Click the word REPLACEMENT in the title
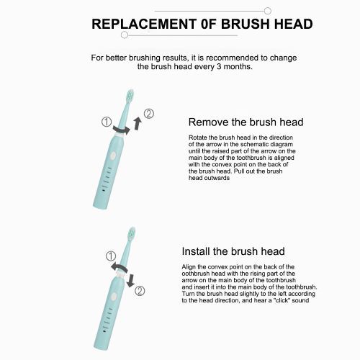pyautogui.click(x=144, y=24)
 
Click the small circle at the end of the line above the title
pyautogui.click(x=268, y=11)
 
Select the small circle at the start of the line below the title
pyautogui.click(x=125, y=35)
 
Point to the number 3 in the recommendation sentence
pyautogui.click(x=219, y=66)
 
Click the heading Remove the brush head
pyautogui.click(x=246, y=122)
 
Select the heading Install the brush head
pyautogui.click(x=233, y=251)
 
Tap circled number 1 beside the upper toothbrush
pyautogui.click(x=107, y=122)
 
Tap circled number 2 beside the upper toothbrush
pyautogui.click(x=149, y=114)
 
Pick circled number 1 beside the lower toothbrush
pyautogui.click(x=111, y=256)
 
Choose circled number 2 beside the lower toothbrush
pyautogui.click(x=140, y=291)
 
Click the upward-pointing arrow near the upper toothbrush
pyautogui.click(x=138, y=124)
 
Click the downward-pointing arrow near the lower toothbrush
pyautogui.click(x=131, y=280)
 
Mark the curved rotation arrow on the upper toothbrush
pyautogui.click(x=121, y=130)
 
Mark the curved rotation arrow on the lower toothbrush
pyautogui.click(x=119, y=268)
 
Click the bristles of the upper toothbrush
pyautogui.click(x=130, y=96)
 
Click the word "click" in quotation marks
pyautogui.click(x=282, y=300)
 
